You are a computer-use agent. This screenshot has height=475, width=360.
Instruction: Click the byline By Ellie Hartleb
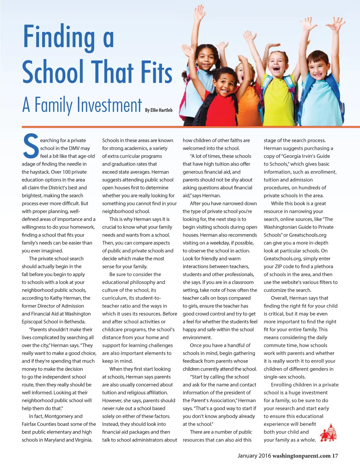click(x=159, y=110)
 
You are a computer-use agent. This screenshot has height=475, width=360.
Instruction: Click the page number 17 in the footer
click(x=335, y=456)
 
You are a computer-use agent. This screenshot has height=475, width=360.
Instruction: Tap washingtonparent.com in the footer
click(x=301, y=456)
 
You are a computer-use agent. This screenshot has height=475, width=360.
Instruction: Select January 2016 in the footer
click(x=254, y=456)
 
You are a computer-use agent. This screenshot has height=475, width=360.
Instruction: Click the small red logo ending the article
click(x=328, y=433)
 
